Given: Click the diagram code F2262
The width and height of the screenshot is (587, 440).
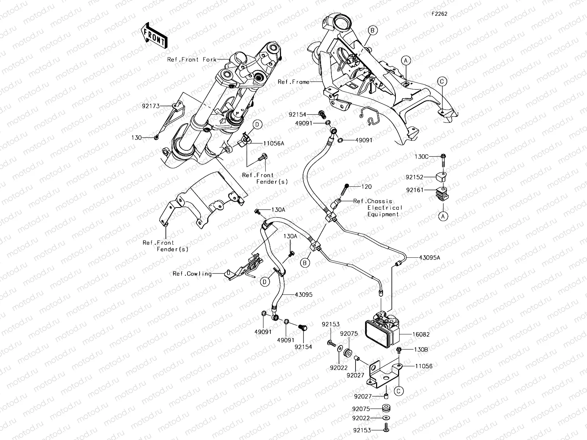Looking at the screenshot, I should (x=439, y=14).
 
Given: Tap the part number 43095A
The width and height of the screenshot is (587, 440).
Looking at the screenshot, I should (x=430, y=257).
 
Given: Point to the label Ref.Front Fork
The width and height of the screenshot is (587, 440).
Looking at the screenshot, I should (x=192, y=59).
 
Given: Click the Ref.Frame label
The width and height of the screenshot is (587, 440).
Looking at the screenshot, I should (x=293, y=82).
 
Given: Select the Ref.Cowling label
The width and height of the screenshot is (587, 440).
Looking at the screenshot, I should (x=192, y=274).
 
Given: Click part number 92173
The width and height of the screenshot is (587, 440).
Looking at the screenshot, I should (x=151, y=106).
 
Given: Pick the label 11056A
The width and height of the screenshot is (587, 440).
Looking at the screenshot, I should (x=273, y=143).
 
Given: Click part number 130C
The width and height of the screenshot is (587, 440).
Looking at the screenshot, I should (x=422, y=157).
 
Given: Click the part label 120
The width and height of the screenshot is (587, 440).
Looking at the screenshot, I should (x=367, y=187).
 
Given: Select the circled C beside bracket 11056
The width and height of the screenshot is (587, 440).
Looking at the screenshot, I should (x=398, y=391).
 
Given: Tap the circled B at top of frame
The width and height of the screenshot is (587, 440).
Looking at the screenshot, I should (x=372, y=30).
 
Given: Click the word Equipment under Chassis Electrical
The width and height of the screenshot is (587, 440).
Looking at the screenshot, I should (x=383, y=214).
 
